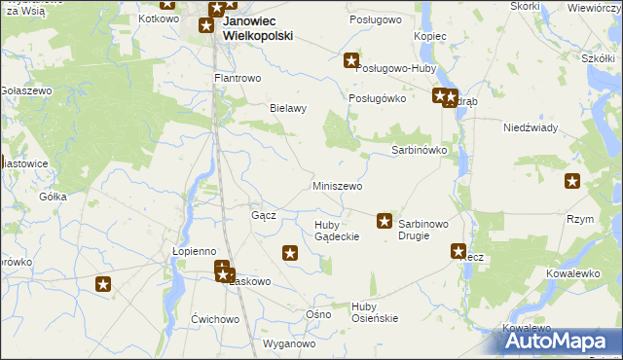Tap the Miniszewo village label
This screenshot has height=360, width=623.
pyautogui.click(x=337, y=186)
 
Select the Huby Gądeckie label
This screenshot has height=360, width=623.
pyautogui.click(x=337, y=231)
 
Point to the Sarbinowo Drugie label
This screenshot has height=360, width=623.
pyautogui.click(x=423, y=230)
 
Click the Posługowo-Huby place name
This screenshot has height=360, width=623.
pyautogui.click(x=397, y=69)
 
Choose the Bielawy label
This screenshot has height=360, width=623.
pyautogui.click(x=288, y=108)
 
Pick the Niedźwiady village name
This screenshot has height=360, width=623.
pyautogui.click(x=530, y=127)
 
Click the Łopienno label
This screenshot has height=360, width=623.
pyautogui.click(x=194, y=251)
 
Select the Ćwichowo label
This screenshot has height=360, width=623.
pyautogui.click(x=215, y=319)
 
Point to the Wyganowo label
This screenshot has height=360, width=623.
pyautogui.click(x=290, y=344)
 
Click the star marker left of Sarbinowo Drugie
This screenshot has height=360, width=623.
pyautogui.click(x=385, y=222)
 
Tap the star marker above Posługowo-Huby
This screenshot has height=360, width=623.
pyautogui.click(x=350, y=61)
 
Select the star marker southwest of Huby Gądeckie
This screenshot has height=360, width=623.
pyautogui.click(x=290, y=254)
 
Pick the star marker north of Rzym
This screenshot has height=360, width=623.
pyautogui.click(x=572, y=180)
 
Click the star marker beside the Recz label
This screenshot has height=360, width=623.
pyautogui.click(x=458, y=251)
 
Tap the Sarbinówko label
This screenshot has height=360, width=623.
pyautogui.click(x=419, y=151)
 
